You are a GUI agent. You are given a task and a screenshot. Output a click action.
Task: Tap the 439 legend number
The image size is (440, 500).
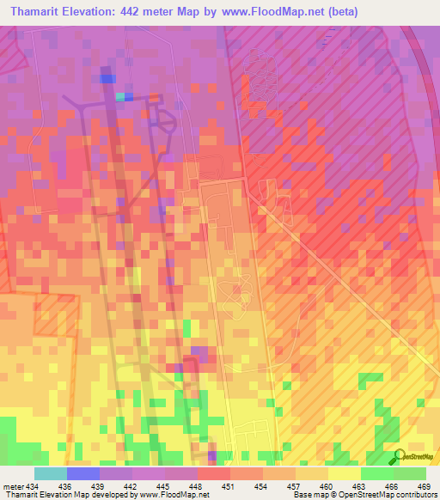pyautogui.click(x=100, y=485)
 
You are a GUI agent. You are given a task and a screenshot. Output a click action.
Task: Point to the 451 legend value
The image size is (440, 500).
pyautogui.click(x=229, y=485)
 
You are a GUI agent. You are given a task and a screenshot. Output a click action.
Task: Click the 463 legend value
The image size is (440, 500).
pyautogui.click(x=360, y=485)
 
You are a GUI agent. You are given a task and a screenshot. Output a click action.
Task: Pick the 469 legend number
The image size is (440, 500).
pyautogui.click(x=424, y=485)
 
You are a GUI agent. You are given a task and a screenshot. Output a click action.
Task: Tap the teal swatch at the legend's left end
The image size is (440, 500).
pyautogui.click(x=51, y=473)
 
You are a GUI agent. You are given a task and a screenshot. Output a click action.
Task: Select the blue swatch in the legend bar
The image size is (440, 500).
pyautogui.click(x=83, y=473)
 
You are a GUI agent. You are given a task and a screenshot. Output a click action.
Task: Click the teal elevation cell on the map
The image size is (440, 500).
pyautogui.click(x=120, y=95)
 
